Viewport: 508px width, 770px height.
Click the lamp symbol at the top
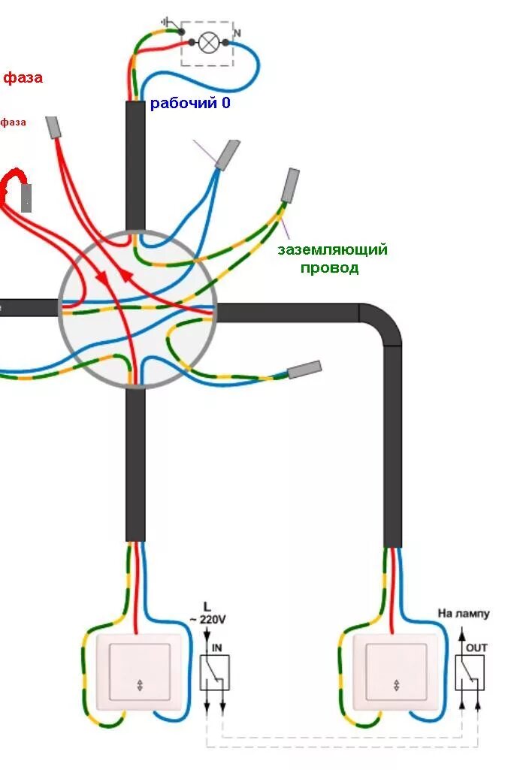(211, 43)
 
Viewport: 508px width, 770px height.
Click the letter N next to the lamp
(237, 34)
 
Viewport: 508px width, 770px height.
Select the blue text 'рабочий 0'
(190, 104)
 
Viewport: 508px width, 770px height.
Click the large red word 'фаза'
(23, 77)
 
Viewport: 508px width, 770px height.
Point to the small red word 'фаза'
(13, 122)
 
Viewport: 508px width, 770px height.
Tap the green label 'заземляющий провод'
(332, 258)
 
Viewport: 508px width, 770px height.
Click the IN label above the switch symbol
(217, 646)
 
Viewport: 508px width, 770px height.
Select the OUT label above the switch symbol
(476, 646)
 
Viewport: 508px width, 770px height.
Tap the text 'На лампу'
(464, 613)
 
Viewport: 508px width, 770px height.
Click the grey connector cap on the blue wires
(227, 154)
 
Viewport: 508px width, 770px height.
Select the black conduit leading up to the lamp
(135, 165)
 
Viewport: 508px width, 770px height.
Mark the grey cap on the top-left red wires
(53, 128)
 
